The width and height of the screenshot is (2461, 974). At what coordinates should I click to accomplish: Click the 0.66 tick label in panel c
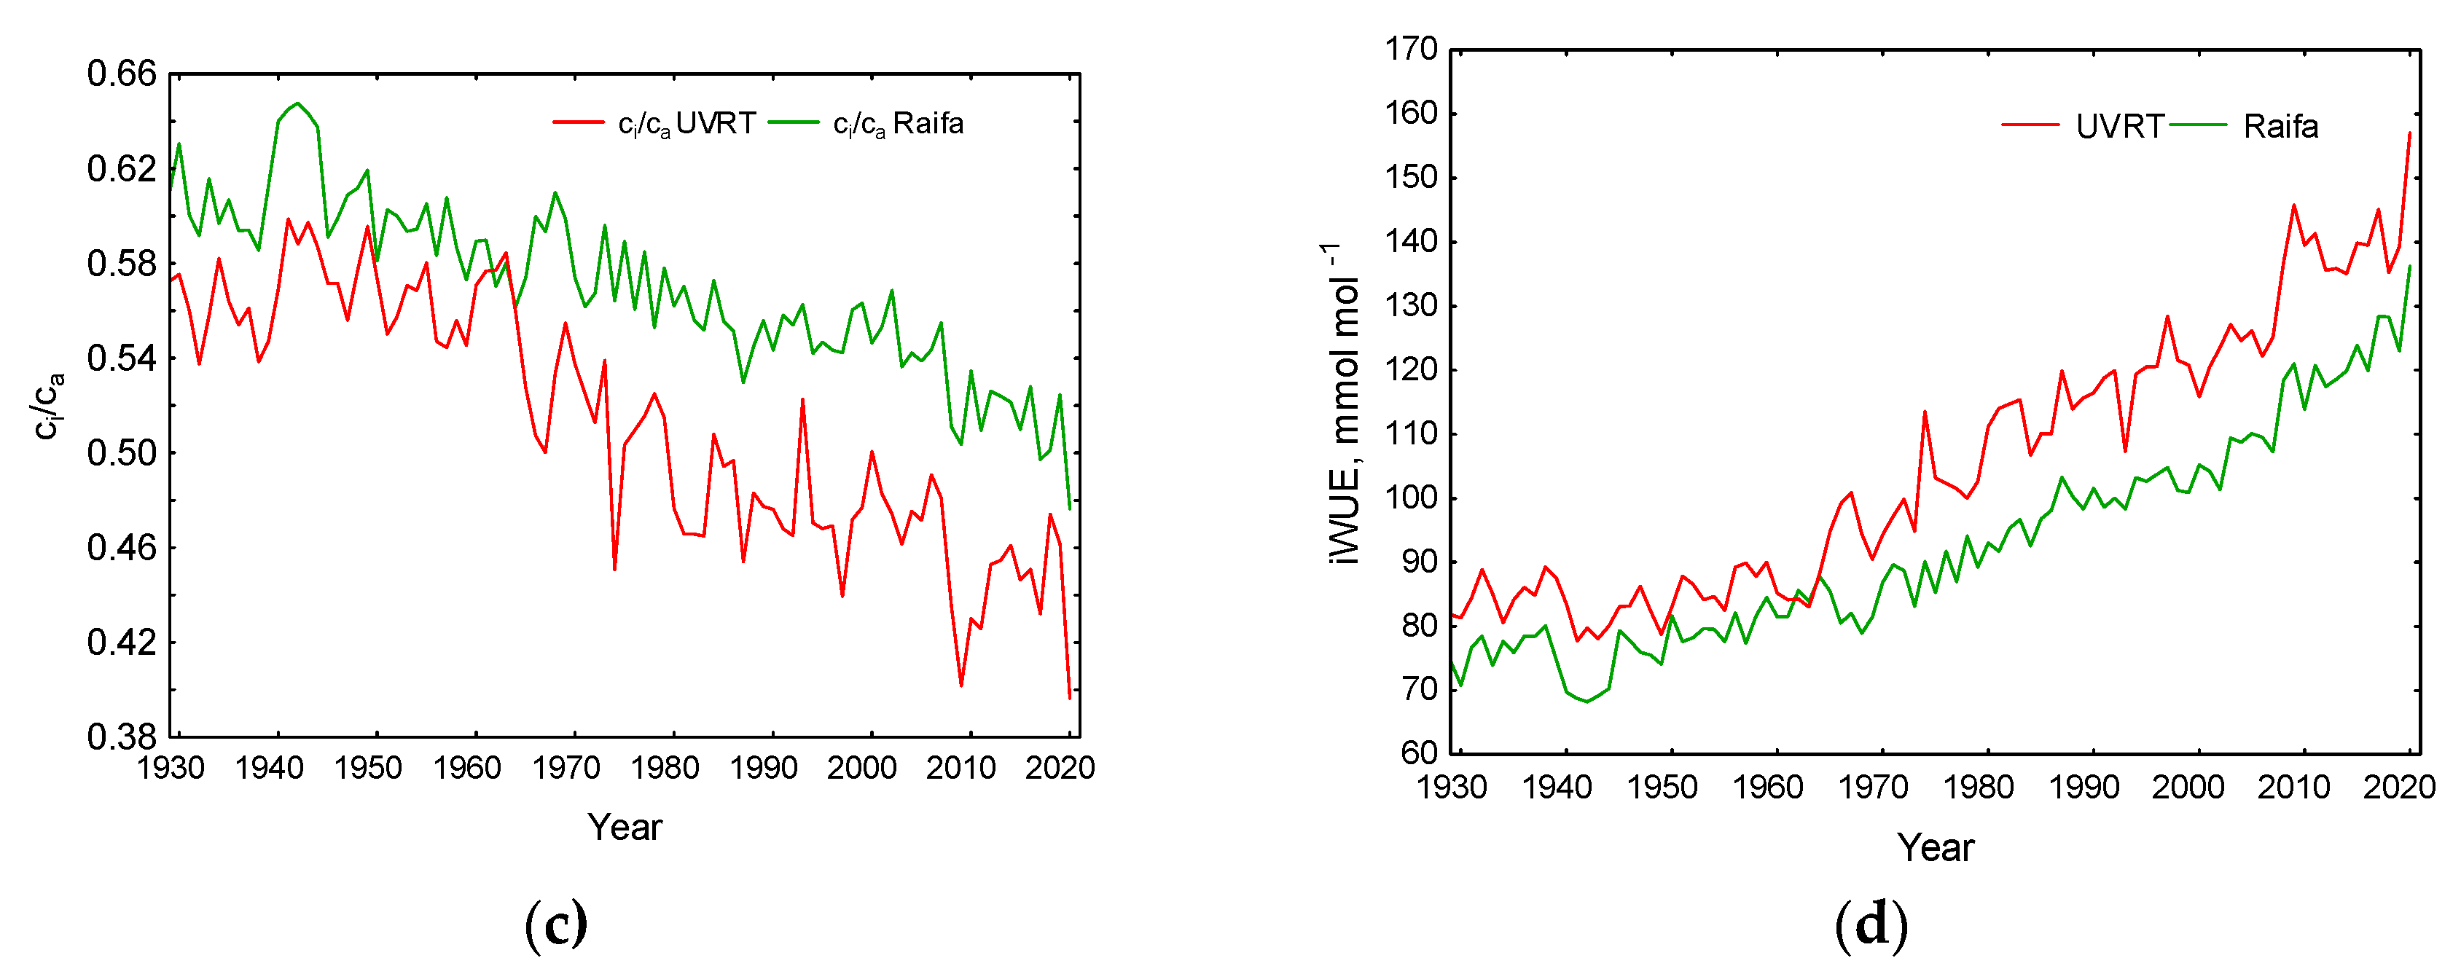121,74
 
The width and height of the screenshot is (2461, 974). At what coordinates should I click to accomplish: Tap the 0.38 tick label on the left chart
121,737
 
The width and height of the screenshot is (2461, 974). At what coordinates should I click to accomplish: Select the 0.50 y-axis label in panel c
121,452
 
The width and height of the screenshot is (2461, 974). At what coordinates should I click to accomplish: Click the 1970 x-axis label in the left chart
566,768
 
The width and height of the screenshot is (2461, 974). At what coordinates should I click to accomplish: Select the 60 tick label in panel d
1420,753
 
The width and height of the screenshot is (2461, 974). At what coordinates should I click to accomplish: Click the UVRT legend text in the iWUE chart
2119,126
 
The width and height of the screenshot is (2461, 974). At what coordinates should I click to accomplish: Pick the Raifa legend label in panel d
2280,126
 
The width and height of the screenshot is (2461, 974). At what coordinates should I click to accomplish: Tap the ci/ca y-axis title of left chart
48,405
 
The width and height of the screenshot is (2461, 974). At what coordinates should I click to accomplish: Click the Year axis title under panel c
624,827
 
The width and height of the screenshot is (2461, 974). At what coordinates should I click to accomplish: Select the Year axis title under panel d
1936,847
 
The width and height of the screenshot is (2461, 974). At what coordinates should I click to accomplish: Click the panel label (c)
556,924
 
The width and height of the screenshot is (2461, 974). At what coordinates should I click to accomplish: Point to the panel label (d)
1871,924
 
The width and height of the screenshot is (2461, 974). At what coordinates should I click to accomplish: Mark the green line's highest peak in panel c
297,103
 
